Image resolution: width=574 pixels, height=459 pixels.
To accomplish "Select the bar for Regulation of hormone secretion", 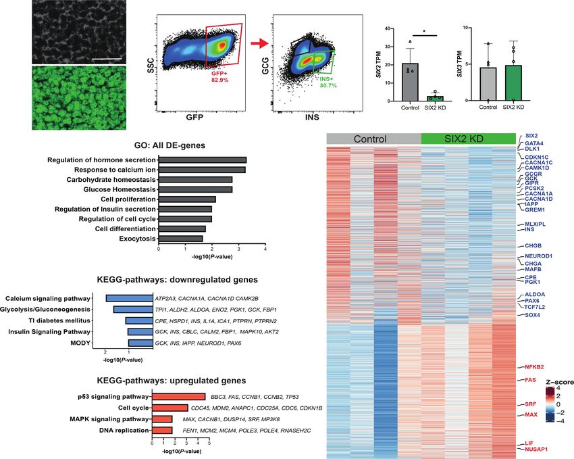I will point(202,160).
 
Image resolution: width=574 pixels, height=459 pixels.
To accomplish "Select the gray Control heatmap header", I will point(373,139).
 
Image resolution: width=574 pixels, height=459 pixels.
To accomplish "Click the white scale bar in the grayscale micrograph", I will point(107,59).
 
